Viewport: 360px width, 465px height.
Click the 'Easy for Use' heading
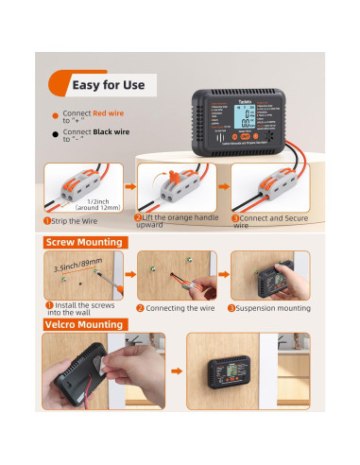click(x=108, y=86)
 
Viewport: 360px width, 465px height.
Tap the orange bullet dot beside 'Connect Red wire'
click(x=55, y=114)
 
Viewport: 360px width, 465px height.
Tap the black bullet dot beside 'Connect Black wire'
click(x=55, y=134)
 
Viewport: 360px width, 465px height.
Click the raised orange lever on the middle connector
click(x=172, y=173)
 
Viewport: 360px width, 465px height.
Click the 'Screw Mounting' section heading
click(x=86, y=242)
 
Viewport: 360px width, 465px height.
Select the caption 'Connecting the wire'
click(x=180, y=307)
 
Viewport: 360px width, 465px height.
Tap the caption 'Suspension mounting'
click(x=273, y=307)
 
